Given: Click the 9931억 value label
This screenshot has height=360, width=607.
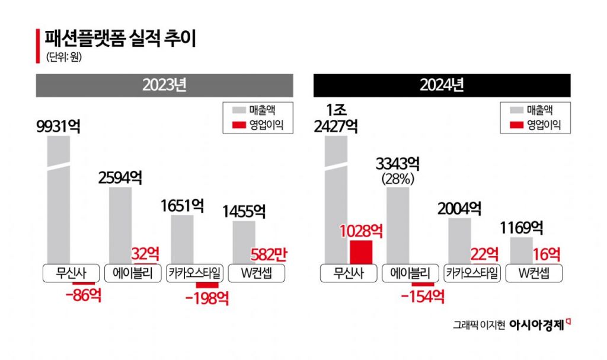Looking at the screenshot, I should [x=57, y=126].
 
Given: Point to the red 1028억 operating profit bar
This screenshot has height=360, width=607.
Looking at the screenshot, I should [x=361, y=251].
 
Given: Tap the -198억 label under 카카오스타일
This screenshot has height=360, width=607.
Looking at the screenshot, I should [x=207, y=297].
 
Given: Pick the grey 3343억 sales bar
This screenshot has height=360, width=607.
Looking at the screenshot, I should [x=398, y=225].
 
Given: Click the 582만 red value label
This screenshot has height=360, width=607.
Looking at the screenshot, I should [x=269, y=254].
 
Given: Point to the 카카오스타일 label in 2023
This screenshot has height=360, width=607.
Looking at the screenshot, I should [x=195, y=273].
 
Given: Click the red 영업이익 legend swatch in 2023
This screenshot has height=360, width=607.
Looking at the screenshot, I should [x=238, y=125].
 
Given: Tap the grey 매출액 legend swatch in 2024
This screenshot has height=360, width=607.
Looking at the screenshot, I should [x=515, y=109].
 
